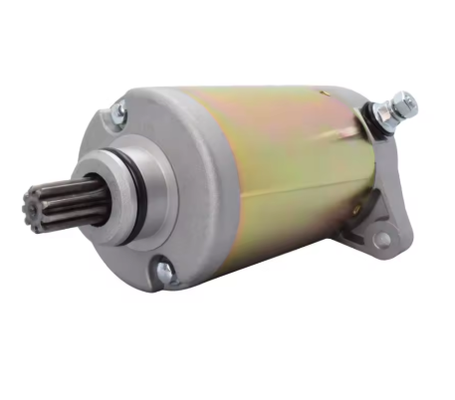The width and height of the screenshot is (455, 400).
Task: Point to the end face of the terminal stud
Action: (409, 100)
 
